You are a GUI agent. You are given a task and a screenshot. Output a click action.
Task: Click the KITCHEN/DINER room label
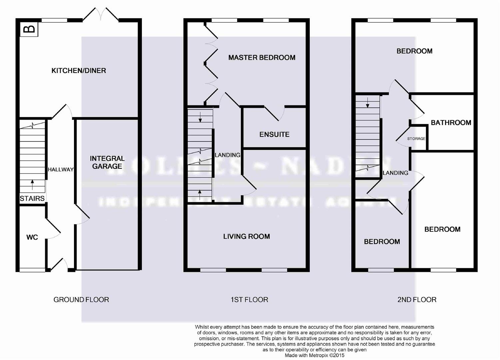point(79,71)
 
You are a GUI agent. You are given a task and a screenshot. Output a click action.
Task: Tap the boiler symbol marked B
point(30,29)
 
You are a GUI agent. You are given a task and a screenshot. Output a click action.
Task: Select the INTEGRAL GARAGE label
point(107,162)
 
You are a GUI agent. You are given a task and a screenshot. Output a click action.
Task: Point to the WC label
point(32,237)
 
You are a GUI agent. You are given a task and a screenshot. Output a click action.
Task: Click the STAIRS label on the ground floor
point(32,199)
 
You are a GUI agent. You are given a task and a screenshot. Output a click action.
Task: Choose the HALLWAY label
point(61,169)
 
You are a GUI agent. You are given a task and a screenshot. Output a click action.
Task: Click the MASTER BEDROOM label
point(262,58)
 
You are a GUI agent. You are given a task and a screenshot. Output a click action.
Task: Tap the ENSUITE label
point(274,134)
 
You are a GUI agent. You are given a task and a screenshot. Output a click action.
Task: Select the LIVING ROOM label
point(247,236)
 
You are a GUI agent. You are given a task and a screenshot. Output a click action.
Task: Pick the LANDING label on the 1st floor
point(228,155)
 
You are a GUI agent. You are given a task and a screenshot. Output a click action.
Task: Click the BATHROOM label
point(451,123)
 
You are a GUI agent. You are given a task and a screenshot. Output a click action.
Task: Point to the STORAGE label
point(416,139)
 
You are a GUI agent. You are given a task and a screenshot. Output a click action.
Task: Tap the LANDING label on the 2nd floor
point(395,173)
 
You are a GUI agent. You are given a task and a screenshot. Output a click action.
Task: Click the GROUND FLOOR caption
point(81,300)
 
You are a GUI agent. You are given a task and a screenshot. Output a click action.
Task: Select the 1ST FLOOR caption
point(249,300)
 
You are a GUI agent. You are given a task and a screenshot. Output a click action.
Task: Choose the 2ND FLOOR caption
point(417,300)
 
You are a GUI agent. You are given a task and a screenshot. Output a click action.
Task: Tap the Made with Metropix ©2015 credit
point(314,355)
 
